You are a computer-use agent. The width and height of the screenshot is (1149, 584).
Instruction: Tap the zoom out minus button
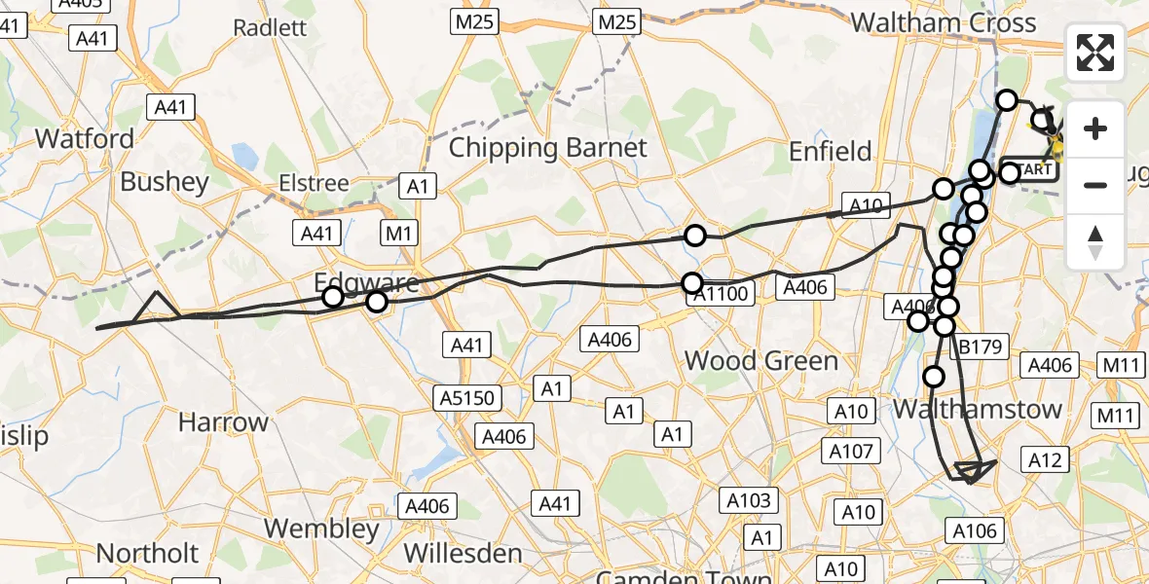(1095, 185)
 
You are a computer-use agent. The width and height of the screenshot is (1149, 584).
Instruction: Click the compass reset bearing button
(1095, 242)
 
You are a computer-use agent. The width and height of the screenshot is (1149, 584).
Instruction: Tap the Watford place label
(85, 138)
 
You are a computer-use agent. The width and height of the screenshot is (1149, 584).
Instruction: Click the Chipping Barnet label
(548, 148)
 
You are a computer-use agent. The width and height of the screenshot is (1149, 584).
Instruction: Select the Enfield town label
(830, 151)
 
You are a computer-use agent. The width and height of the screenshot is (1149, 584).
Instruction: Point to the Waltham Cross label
(943, 22)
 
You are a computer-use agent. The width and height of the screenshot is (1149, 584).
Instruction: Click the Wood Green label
(760, 361)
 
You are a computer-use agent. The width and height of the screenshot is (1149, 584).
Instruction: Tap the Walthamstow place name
(977, 409)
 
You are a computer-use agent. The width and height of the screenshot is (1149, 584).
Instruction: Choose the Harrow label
(223, 422)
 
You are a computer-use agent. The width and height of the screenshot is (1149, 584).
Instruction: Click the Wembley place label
(321, 529)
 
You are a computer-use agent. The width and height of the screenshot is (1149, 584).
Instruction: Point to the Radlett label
(270, 26)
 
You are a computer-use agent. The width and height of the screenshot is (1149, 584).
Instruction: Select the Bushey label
(165, 182)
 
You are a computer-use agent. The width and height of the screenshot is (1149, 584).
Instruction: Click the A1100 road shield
(722, 293)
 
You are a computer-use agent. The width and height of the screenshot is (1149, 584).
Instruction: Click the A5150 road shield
(468, 397)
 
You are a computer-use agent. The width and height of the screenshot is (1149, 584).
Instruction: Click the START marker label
(1030, 169)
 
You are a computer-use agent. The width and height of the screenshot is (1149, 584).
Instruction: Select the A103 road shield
(749, 501)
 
